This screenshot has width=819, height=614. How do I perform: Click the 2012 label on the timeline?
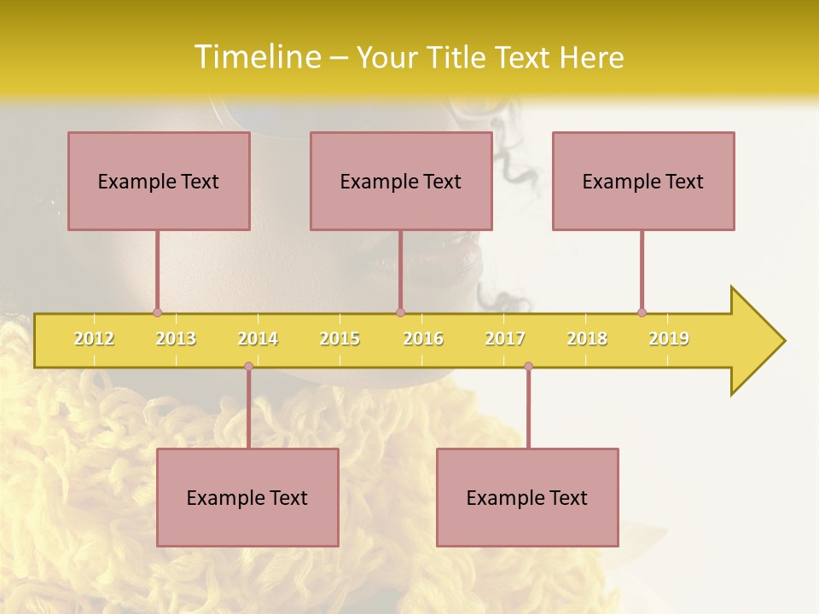coord(94,339)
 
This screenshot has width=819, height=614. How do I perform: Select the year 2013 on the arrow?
coord(176,339)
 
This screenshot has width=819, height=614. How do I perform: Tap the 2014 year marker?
coord(258,339)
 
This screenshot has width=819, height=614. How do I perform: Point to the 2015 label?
coord(340,339)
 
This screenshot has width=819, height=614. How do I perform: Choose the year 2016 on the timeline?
coord(423,339)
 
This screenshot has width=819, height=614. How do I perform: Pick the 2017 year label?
coord(505,339)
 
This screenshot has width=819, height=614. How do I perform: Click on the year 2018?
coord(587,339)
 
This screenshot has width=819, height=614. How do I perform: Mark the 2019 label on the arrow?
coord(669,339)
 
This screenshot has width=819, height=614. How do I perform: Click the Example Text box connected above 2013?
coord(159,181)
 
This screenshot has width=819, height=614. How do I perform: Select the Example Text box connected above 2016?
coord(401,181)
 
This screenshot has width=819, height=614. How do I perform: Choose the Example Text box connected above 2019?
coord(643,181)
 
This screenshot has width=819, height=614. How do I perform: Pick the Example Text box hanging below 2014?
coord(247,497)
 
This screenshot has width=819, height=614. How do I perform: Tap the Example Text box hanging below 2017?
coord(527,497)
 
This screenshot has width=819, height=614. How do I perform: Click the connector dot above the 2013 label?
coord(157,312)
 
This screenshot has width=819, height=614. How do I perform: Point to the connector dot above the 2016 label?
coord(400,312)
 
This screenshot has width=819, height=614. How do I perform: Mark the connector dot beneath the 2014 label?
coord(248,366)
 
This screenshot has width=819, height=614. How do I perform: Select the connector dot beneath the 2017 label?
coord(528,366)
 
